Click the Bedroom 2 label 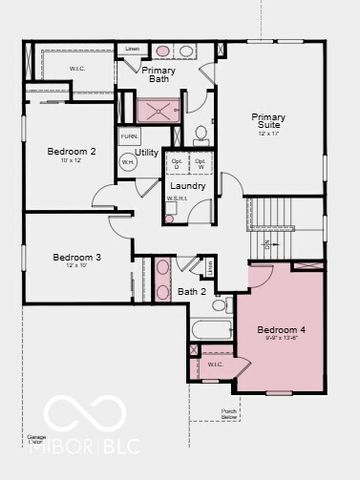pos(71,152)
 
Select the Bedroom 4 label pos(281,330)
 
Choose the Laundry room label pos(188,186)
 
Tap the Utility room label pos(147,153)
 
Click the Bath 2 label pos(191,292)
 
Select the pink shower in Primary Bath pos(158,111)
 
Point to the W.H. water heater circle pos(128,161)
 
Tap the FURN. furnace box pos(129,136)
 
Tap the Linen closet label pos(131,48)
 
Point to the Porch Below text pos(229,412)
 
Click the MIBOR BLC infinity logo pos(84,413)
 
